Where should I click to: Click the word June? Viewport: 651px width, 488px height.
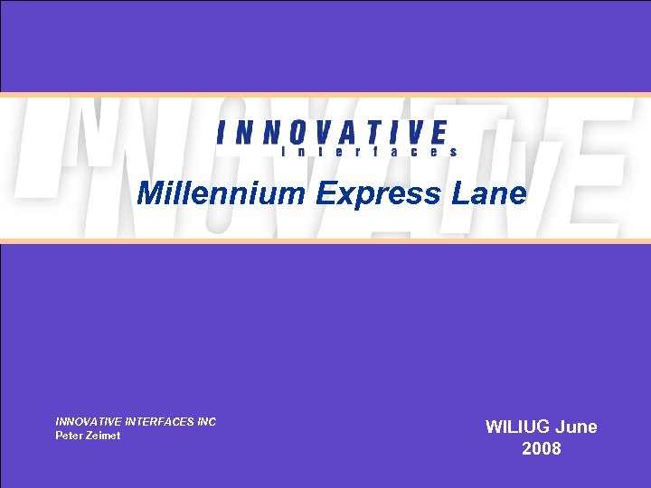click(576, 427)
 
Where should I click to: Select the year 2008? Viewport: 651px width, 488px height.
click(542, 449)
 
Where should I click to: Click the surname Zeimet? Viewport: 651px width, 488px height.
click(103, 436)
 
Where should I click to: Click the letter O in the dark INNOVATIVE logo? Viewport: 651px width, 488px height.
click(291, 134)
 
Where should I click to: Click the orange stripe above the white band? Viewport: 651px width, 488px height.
click(325, 94)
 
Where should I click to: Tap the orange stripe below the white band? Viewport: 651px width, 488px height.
click(325, 241)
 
